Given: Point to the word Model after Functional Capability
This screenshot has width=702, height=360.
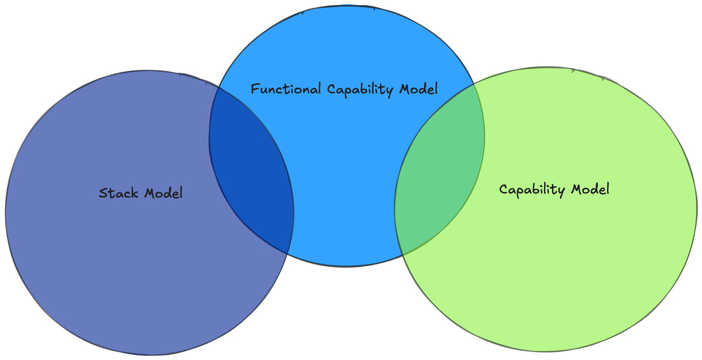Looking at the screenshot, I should [418, 90].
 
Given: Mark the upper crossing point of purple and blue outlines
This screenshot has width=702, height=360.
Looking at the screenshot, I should [218, 87].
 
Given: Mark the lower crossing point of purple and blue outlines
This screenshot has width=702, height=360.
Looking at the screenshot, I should [288, 253].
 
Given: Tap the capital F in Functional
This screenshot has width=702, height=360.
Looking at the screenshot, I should [254, 90].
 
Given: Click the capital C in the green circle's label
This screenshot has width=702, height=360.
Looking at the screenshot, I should [503, 190].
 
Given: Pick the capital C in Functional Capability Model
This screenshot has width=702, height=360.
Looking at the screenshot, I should [331, 90].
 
